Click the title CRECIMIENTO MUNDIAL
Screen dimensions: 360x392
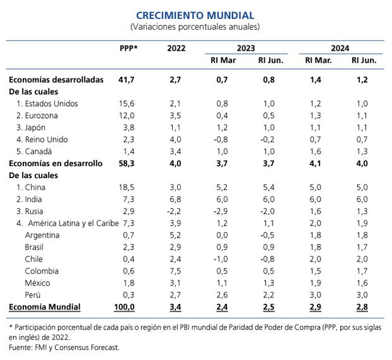click(x=195, y=15)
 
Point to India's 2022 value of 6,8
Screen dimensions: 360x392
click(x=176, y=199)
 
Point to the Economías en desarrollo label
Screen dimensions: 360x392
click(x=55, y=163)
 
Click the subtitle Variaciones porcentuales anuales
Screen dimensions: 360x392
click(x=195, y=27)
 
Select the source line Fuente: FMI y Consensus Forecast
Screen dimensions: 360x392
click(x=64, y=347)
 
